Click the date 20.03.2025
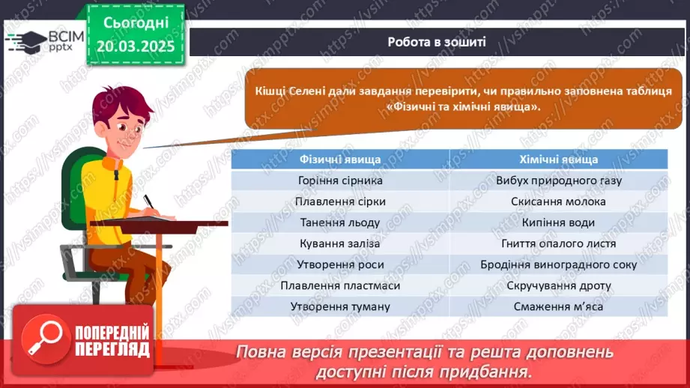136,46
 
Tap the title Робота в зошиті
437,42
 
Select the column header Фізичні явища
340,160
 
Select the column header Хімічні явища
558,160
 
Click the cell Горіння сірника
340,181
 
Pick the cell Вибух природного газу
558,181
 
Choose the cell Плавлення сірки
340,201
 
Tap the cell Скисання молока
558,201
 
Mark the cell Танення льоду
340,222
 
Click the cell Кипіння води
558,222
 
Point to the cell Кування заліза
340,243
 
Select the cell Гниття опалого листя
558,243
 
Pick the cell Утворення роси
340,264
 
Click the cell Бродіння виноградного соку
558,265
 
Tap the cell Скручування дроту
558,286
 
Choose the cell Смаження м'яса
558,306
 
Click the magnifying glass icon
46,339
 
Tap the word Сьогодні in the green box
136,22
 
